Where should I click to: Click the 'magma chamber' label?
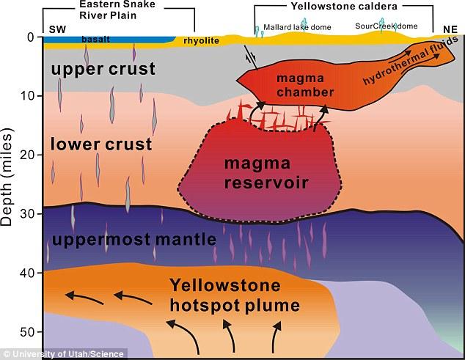pos(305,85)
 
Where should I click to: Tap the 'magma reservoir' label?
pos(266,173)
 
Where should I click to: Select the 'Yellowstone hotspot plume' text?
pos(235,295)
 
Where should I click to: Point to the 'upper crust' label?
pos(103,70)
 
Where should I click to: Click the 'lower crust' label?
pos(101,144)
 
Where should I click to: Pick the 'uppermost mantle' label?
pos(134,240)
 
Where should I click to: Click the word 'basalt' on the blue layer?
pos(96,40)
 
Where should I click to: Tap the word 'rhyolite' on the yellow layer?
pos(202,40)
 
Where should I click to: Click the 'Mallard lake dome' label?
pos(297,27)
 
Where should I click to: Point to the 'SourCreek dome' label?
pos(387,26)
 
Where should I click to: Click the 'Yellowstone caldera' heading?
pos(344,6)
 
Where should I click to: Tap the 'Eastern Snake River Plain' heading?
pos(117,10)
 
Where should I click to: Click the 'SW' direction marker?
pos(57,29)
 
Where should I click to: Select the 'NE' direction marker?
pos(450,29)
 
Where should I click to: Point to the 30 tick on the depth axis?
pos(26,214)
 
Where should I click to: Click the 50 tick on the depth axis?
pos(26,332)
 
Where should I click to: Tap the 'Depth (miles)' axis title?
pos(7,177)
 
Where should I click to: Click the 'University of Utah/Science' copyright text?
pos(64,354)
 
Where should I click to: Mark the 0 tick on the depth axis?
pos(31,37)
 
